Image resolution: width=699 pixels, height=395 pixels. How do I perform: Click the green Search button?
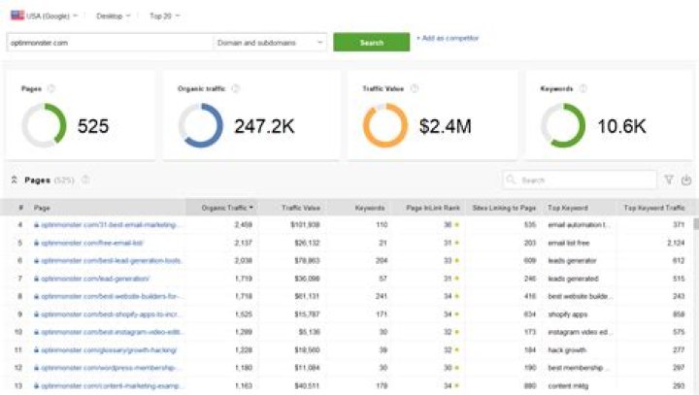point(371,43)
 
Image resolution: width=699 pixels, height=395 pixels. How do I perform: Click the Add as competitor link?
point(448,39)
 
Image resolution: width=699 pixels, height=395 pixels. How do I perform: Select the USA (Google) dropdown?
point(45,16)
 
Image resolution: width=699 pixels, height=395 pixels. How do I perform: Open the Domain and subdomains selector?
point(269,43)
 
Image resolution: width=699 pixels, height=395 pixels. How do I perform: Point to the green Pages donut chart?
point(44,125)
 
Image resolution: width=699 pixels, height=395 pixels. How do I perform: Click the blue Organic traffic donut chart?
point(201,125)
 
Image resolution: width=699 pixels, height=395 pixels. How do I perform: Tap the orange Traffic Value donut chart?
point(385,125)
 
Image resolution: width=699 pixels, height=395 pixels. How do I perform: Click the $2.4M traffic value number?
point(445,125)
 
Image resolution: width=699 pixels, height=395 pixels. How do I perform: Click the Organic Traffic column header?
point(227,208)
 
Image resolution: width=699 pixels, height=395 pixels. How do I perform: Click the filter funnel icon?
point(668,180)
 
